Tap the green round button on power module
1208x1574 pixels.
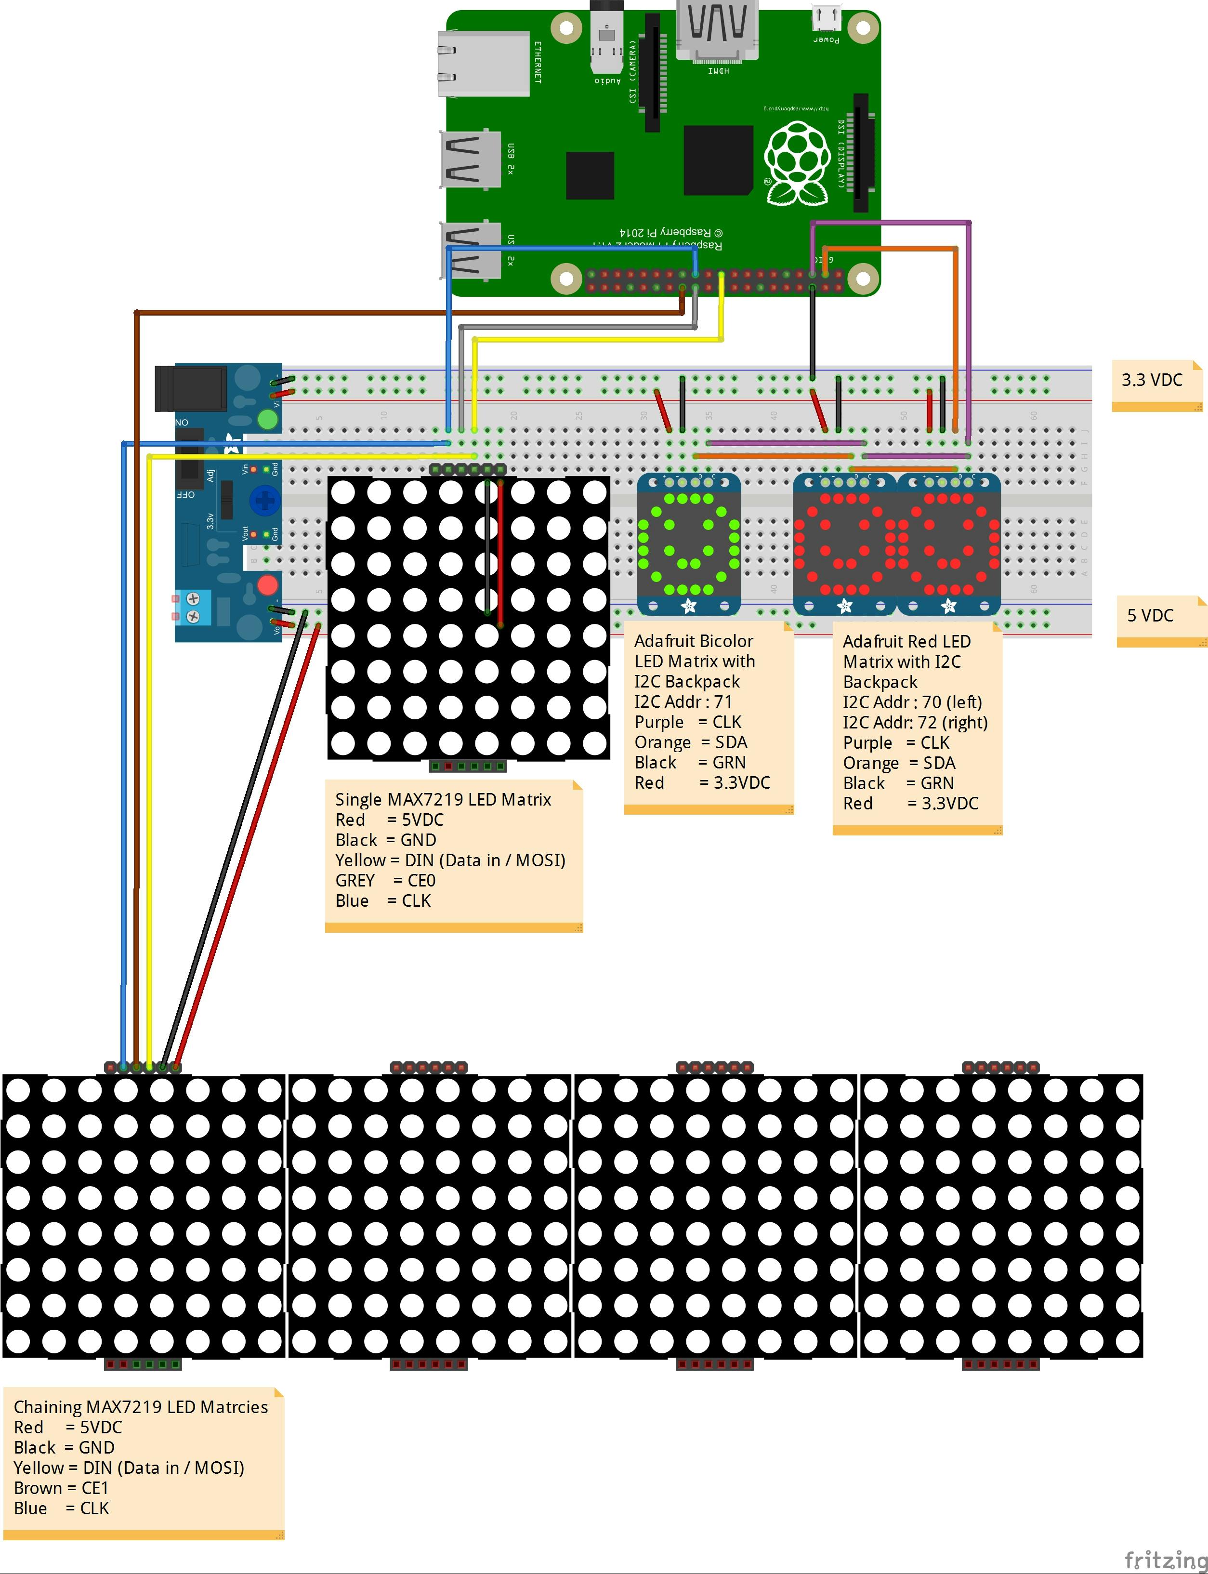click(x=267, y=419)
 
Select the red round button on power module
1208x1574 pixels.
click(x=267, y=584)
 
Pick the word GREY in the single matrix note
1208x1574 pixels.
click(x=355, y=881)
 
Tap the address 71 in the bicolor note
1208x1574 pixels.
click(x=722, y=702)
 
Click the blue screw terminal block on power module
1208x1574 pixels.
click(x=193, y=608)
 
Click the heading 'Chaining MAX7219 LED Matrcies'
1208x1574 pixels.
click(x=141, y=1407)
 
